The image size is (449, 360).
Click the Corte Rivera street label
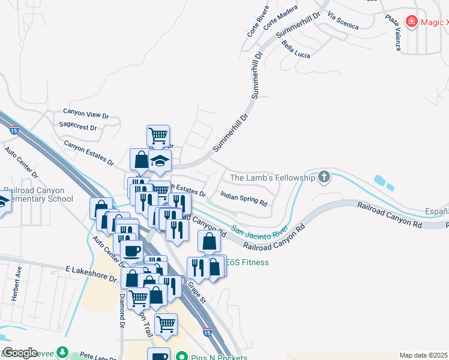tap(255, 25)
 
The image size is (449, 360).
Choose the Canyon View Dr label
tap(86, 115)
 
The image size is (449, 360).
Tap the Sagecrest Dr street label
tap(78, 127)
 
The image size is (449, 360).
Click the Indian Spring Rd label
tap(243, 199)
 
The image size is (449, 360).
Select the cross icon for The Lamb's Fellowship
tap(324, 177)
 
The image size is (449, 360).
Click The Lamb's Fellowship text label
tap(273, 178)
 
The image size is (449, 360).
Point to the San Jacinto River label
tap(260, 230)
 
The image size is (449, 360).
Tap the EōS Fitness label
tap(249, 262)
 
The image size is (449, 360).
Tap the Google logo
tap(20, 353)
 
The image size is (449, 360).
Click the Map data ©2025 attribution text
tap(424, 355)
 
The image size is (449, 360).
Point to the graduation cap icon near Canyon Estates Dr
tap(160, 160)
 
